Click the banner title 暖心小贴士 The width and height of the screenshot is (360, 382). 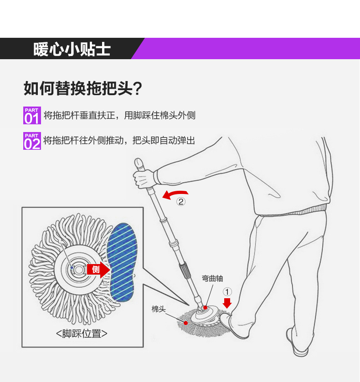[x=72, y=49]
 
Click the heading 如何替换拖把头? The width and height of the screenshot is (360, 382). [x=82, y=88]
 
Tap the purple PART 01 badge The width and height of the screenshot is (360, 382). [x=32, y=116]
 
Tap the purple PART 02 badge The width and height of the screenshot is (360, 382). [x=32, y=141]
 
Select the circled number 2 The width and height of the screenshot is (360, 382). [x=181, y=202]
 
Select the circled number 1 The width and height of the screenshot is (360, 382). [x=227, y=291]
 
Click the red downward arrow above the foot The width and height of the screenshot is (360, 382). [x=227, y=303]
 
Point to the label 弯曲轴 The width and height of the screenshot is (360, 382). [x=212, y=279]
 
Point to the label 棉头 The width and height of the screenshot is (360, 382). [x=159, y=309]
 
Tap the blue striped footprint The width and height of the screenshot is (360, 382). [x=123, y=262]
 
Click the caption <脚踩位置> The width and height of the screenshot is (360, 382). [x=82, y=334]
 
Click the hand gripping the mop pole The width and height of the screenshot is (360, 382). [x=144, y=178]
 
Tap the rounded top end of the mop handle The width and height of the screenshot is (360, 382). [x=138, y=162]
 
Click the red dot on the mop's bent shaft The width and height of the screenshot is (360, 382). [x=206, y=308]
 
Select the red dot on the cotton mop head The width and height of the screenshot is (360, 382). [x=186, y=323]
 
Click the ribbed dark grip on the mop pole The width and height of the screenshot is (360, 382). [x=184, y=270]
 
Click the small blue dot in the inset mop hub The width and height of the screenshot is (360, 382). [x=72, y=268]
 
